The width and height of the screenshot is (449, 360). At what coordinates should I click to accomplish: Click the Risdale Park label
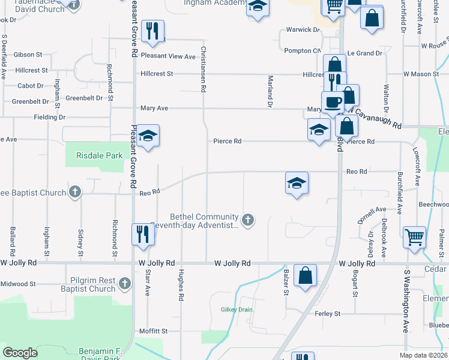[x=100, y=155]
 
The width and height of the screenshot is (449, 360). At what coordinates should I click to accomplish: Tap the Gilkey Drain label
[x=237, y=310]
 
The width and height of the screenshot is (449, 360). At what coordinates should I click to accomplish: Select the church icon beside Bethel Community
[x=247, y=220]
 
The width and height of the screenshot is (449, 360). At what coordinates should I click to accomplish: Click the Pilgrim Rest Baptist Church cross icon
[x=124, y=283]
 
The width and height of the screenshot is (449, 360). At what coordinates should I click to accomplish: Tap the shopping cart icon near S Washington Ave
[x=414, y=238]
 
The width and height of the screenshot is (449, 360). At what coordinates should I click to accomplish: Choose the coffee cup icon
[x=333, y=102]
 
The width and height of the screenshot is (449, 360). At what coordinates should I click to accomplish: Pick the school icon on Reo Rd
[x=297, y=183]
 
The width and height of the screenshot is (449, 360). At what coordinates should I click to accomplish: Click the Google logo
[x=20, y=353]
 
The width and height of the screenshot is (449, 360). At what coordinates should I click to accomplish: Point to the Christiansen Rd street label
[x=203, y=70]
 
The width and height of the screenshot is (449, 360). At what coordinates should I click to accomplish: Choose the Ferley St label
[x=327, y=314]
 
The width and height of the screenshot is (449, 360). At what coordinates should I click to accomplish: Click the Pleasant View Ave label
[x=168, y=57]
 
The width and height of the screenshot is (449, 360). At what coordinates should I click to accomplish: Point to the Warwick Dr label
[x=303, y=29]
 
